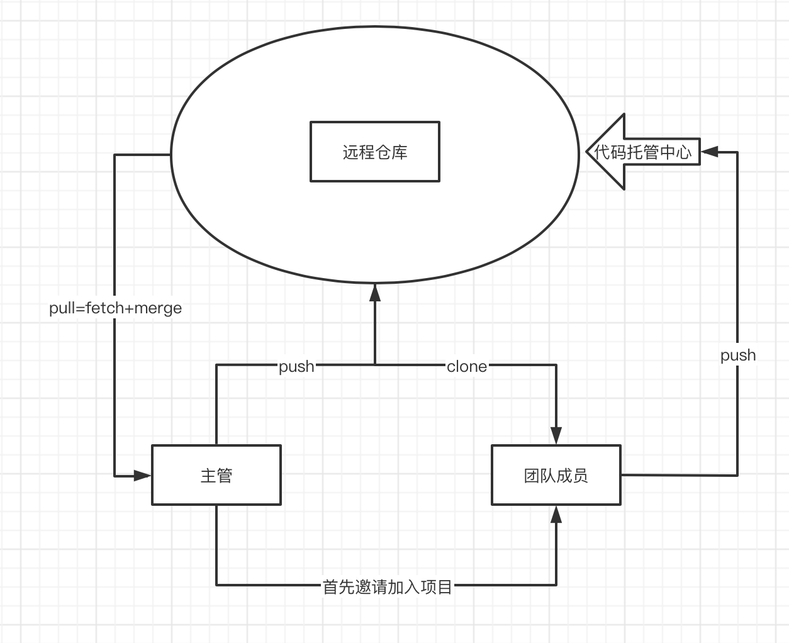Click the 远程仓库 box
coord(375,152)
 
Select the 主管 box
coord(216,475)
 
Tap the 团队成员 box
coord(556,475)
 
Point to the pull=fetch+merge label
coord(115,308)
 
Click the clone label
coord(466,367)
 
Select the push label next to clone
coord(296,366)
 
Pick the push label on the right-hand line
coord(737,355)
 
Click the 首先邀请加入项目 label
coord(387,587)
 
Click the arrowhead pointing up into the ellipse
coord(375,292)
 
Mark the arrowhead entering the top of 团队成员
coord(556,435)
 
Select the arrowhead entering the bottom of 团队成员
coord(556,515)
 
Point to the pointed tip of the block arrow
coord(589,152)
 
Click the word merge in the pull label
coord(158,308)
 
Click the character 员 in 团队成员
coord(580,476)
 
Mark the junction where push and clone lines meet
coord(375,364)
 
